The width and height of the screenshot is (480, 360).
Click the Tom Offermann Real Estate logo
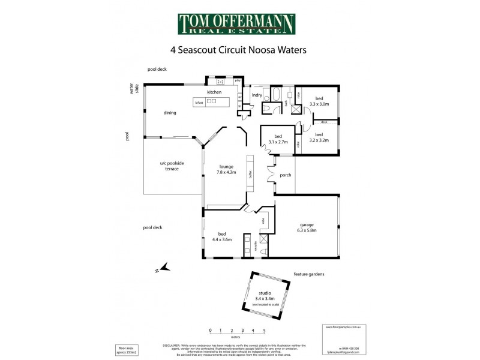point(236,24)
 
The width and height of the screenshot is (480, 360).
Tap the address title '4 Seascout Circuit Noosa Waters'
point(239,50)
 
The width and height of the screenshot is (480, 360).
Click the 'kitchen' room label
point(214,92)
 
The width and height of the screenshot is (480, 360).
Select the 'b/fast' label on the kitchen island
point(199,103)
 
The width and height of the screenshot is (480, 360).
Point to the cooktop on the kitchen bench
point(220,82)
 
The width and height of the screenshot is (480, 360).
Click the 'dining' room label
point(170,112)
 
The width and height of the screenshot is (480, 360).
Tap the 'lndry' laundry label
point(257,94)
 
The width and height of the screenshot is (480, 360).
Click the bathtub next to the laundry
point(277,95)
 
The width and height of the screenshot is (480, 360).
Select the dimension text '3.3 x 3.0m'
point(319,104)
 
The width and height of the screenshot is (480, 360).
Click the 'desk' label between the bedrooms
point(324,122)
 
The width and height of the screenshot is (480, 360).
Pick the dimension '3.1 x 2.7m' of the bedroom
point(278,142)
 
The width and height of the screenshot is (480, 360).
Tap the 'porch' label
point(286,175)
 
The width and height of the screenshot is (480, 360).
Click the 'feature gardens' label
point(309,274)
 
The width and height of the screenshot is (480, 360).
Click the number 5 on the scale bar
point(264,331)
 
